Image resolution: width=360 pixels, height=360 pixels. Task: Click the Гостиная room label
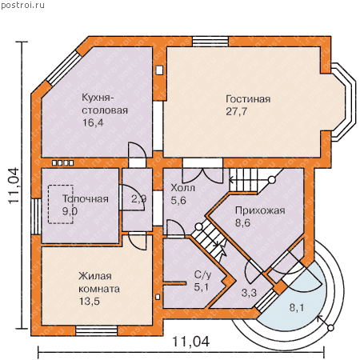pos(248,99)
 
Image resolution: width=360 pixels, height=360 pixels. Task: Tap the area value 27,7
pos(237,111)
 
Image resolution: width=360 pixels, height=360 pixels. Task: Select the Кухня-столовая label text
pos(105,104)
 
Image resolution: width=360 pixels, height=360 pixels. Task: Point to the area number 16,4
pos(93,122)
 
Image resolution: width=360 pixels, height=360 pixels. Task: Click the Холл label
pos(182,188)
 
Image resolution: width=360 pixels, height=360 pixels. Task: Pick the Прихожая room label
pos(260,210)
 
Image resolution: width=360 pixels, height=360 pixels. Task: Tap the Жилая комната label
pos(99,282)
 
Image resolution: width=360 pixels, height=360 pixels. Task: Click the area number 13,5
pos(90,302)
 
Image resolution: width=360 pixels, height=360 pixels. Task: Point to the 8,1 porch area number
pos(297,308)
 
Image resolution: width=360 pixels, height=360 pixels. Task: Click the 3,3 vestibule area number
pos(249,293)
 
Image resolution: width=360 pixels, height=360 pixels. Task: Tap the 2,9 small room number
pos(138,198)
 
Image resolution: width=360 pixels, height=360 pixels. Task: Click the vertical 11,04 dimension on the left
pos(14,186)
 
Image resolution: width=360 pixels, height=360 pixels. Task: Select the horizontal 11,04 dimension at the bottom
pos(191,342)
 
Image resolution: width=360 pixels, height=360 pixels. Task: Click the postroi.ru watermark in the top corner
pos(22,5)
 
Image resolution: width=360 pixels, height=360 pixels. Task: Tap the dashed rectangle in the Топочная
pos(61,204)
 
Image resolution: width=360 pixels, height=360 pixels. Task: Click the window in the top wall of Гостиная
pos(210,42)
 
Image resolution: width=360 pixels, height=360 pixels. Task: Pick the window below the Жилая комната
pos(97,330)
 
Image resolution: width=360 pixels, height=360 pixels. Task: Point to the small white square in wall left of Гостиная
pos(159,70)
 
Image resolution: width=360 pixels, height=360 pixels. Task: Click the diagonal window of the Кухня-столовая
pos(64,68)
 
